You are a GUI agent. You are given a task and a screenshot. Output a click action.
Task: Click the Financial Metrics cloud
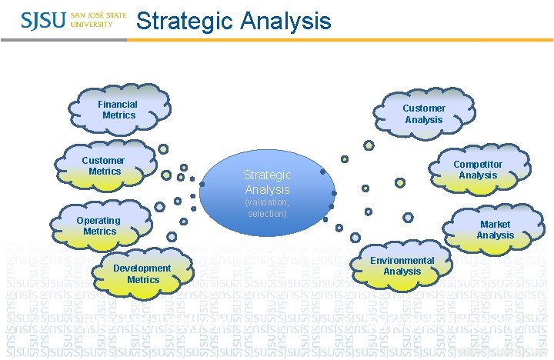point(118,110)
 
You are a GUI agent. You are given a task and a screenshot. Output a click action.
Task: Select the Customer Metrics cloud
point(105,166)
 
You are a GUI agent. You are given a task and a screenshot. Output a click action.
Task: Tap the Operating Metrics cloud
point(100,225)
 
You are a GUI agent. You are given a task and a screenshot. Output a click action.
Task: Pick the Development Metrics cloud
point(142,274)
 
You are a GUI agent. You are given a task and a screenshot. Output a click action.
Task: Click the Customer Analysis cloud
point(423,114)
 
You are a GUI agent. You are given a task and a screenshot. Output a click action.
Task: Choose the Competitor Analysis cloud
point(478,169)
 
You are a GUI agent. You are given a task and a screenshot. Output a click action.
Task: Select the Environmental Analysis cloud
point(402,266)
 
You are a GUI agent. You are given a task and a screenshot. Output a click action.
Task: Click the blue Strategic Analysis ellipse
point(267,192)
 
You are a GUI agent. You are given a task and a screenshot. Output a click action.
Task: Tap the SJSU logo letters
point(43,21)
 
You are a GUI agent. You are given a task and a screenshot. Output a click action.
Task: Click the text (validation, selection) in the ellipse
point(267,207)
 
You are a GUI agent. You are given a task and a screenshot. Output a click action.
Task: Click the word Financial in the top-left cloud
point(118,105)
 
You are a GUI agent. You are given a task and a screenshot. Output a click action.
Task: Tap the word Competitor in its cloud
point(478,164)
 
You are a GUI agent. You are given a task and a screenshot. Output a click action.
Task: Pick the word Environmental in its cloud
point(402,261)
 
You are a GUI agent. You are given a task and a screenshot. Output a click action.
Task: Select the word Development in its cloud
point(142,268)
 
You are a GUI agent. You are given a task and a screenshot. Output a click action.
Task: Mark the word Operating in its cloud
point(98,221)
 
